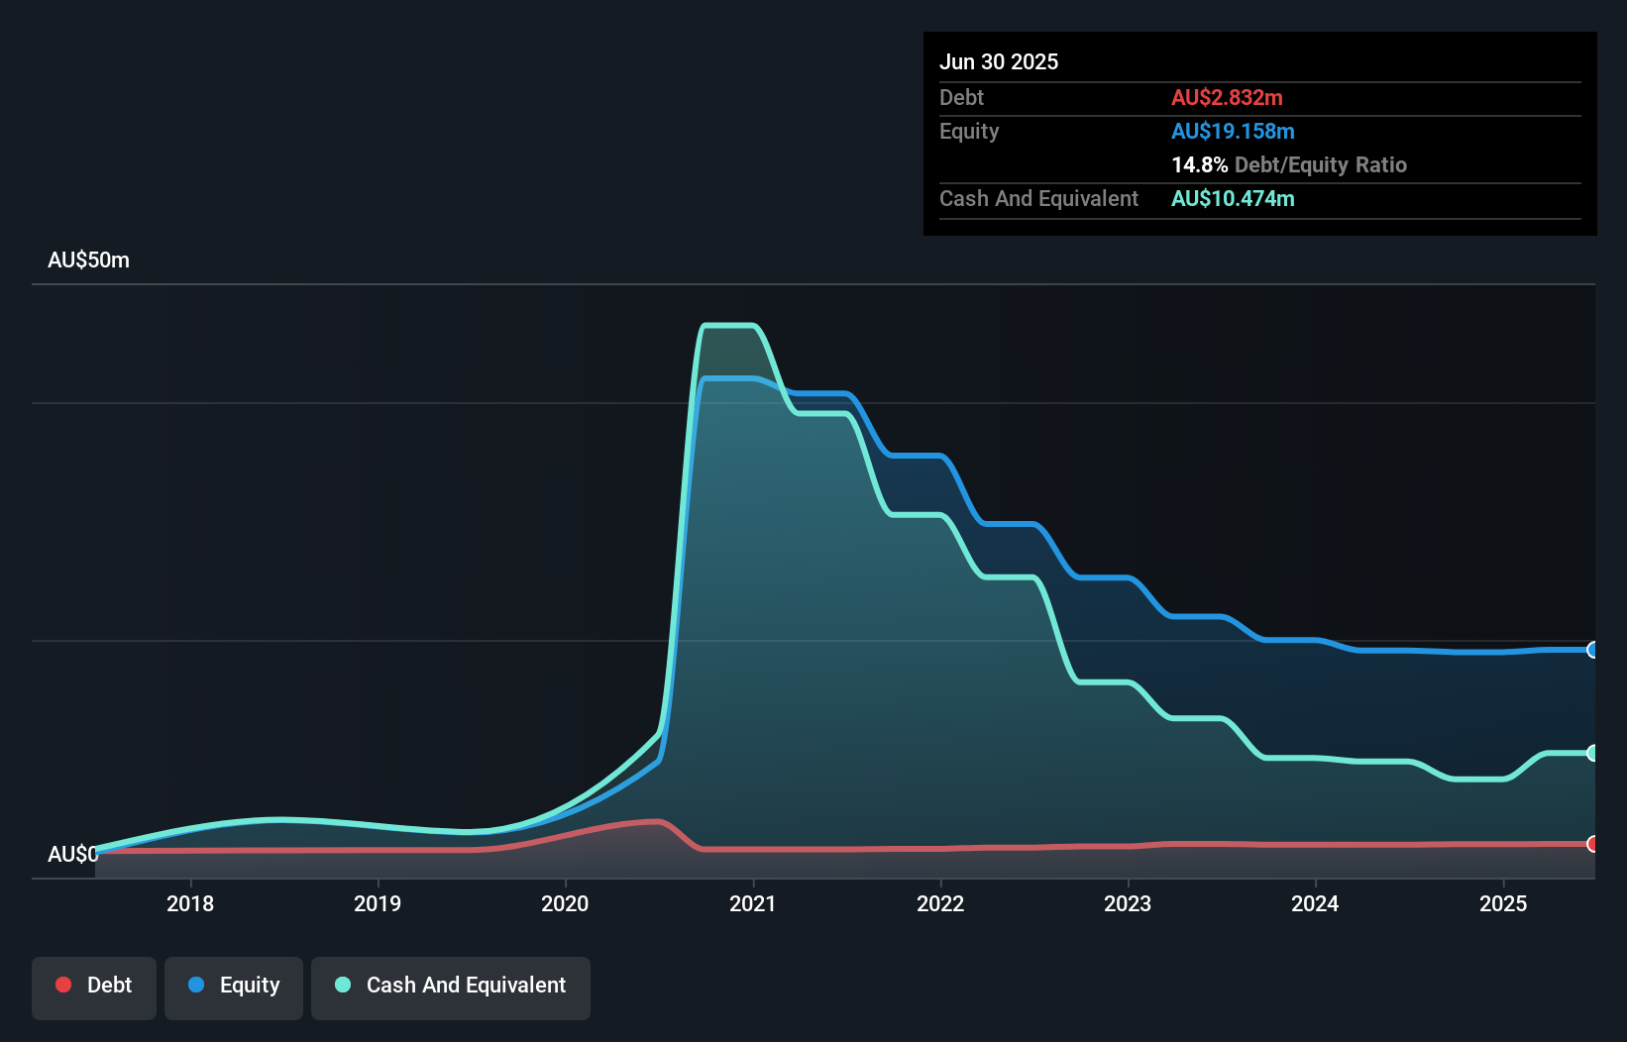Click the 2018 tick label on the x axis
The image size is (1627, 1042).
[189, 903]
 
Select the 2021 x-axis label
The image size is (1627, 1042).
[752, 903]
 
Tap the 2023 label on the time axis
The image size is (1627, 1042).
[1128, 903]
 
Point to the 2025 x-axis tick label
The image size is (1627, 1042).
[1502, 903]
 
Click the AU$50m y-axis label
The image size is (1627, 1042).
[88, 260]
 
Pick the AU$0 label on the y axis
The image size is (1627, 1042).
[72, 854]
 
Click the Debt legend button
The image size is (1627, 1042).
[94, 986]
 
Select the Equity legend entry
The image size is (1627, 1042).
[234, 986]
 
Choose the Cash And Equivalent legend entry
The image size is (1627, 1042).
[451, 986]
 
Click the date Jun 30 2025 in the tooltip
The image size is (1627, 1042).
[999, 61]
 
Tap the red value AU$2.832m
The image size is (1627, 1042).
[1227, 97]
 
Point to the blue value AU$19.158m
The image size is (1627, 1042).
[1233, 131]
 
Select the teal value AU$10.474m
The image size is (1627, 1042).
[1233, 198]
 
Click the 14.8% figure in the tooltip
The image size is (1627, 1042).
[1199, 164]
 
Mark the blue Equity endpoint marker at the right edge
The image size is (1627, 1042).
[1592, 650]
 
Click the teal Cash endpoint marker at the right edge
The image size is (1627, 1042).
[1592, 753]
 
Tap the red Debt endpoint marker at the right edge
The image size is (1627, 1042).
[1592, 844]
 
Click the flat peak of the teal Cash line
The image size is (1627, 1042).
[729, 325]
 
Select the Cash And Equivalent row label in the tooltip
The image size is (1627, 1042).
[1038, 198]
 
